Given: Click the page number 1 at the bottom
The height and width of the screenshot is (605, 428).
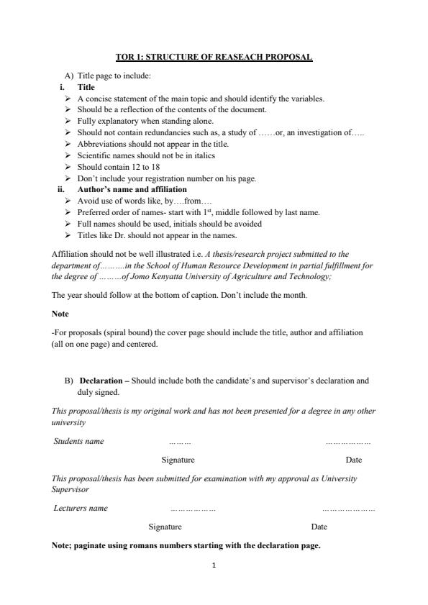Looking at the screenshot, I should click(214, 565).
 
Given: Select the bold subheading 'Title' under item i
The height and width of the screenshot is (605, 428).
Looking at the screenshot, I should click(86, 87).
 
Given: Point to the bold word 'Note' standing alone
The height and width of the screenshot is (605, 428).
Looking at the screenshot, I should click(59, 314).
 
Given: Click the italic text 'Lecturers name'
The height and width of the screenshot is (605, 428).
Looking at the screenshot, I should click(81, 508).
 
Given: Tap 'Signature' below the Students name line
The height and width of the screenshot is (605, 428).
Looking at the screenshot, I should click(178, 460).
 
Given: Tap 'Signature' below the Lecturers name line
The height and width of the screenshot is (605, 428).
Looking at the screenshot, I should click(165, 527).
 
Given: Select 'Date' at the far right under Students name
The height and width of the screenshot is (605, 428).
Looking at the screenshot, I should click(353, 460).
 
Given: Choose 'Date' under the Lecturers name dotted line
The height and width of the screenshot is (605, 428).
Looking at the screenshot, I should click(319, 527).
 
